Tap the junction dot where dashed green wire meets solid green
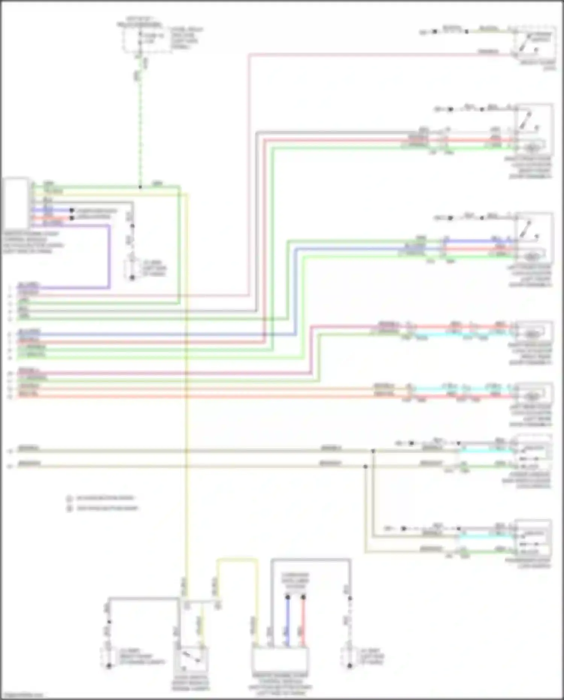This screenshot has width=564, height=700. (x=140, y=187)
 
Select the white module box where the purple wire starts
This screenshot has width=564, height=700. (x=15, y=203)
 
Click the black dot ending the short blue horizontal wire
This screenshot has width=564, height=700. (x=71, y=211)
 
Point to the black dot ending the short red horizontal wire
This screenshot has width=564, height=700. (x=71, y=218)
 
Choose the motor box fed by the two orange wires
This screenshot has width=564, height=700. (x=533, y=394)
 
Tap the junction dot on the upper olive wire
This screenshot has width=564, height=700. (x=373, y=451)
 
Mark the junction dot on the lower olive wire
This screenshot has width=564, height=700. (x=365, y=467)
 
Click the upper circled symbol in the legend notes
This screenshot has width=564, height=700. (x=69, y=499)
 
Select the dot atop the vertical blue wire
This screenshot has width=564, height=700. (x=288, y=597)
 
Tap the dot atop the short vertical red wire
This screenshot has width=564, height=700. (x=303, y=597)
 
